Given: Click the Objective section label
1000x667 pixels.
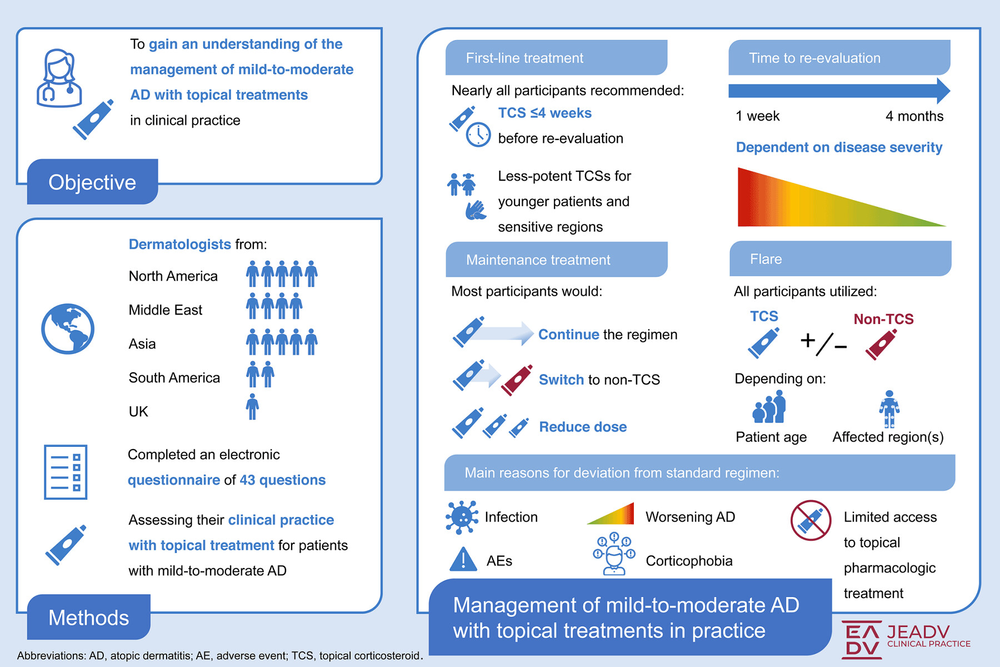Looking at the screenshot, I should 92,182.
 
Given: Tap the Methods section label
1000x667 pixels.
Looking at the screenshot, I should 89,618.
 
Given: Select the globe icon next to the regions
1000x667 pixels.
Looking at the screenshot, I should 68,328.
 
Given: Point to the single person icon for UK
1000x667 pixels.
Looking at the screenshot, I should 252,406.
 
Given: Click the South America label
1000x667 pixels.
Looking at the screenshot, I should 174,378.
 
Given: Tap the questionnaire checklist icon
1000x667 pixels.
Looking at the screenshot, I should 66,472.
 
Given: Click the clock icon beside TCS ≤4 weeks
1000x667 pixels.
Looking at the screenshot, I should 478,135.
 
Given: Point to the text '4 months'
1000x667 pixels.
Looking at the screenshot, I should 914,116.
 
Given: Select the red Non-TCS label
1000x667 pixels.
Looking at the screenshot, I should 883,319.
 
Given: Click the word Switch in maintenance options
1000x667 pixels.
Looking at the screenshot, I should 561,380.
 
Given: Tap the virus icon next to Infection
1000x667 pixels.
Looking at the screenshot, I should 462,517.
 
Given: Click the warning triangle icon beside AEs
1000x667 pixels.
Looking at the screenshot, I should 463,559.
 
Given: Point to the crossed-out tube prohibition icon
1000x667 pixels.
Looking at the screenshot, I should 811,520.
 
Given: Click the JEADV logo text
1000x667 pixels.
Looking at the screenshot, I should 918,632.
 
